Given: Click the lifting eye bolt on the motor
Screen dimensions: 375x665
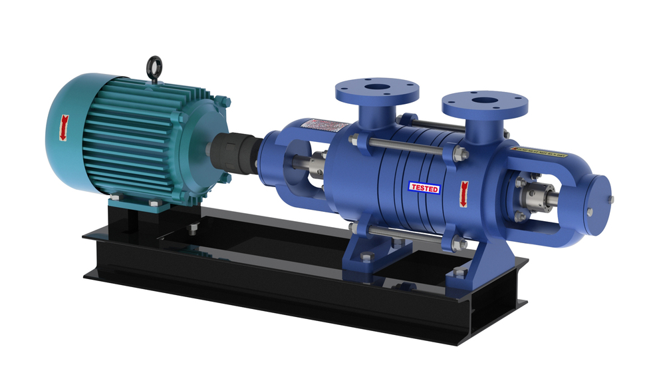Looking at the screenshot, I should click(155, 67).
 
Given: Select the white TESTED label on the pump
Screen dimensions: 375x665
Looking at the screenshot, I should click(424, 188).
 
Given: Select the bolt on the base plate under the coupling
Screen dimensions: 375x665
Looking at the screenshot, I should click(191, 230).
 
